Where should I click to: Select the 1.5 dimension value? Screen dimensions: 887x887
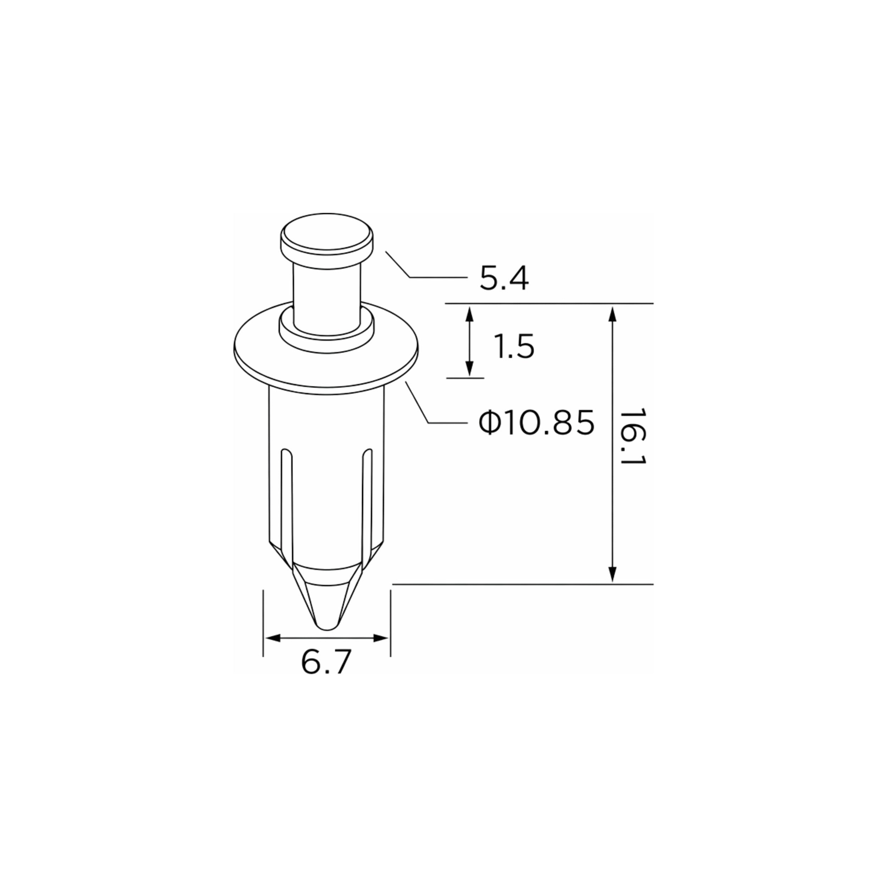(x=514, y=347)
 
